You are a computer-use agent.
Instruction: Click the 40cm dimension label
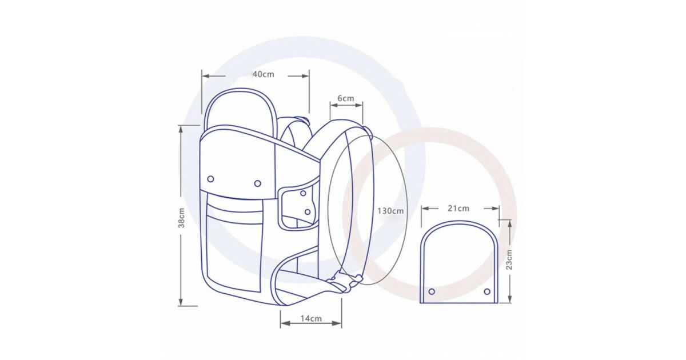pos(264,74)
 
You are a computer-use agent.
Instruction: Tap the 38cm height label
pos(181,218)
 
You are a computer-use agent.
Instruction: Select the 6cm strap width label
pos(346,98)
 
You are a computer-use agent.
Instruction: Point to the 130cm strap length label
pos(390,211)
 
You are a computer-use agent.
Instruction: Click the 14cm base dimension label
pos(311,318)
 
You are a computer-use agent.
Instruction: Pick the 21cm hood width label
pos(458,209)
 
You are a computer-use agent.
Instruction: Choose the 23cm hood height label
pos(509,259)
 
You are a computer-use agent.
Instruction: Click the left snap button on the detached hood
pos(432,291)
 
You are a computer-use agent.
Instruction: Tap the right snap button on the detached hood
pos(487,291)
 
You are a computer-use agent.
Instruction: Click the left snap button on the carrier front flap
pos(211,179)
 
